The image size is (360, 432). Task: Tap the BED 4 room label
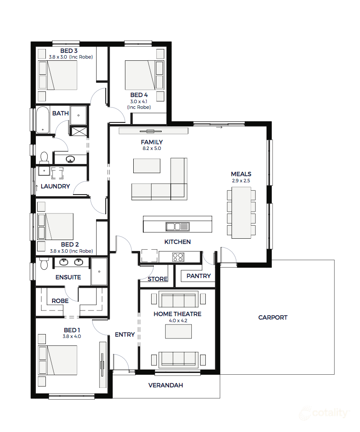click(x=139, y=95)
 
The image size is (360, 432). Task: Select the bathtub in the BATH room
click(x=42, y=119)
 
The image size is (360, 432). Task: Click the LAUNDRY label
click(x=55, y=186)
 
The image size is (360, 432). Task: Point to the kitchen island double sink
click(x=177, y=226)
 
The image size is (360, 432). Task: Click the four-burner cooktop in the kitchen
click(x=178, y=257)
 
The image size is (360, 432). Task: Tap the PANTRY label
click(x=198, y=276)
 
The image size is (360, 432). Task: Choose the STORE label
click(x=157, y=279)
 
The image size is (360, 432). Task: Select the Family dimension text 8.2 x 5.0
click(x=152, y=149)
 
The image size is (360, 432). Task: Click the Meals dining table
click(x=241, y=213)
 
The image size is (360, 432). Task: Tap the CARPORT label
click(x=273, y=317)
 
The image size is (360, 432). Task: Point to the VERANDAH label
click(x=165, y=385)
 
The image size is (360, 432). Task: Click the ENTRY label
click(x=125, y=334)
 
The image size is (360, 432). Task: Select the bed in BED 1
click(x=58, y=360)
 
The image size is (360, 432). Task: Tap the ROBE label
click(x=60, y=301)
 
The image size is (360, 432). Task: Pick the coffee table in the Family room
click(x=146, y=166)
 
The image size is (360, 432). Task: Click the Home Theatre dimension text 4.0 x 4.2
click(x=177, y=321)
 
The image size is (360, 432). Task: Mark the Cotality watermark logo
click(x=324, y=413)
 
